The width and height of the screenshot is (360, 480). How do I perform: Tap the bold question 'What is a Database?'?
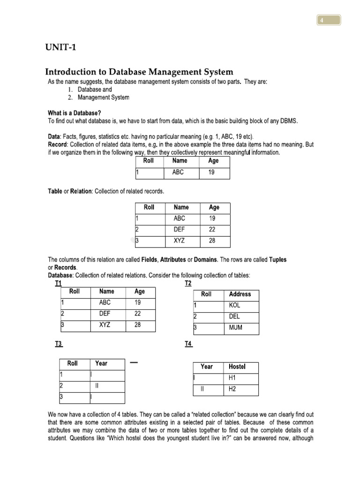(75, 113)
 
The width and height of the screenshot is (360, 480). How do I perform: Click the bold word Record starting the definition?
(58, 144)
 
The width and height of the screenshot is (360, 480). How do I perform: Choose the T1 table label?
(58, 284)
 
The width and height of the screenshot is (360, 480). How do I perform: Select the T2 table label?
(188, 284)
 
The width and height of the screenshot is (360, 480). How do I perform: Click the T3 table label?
(59, 344)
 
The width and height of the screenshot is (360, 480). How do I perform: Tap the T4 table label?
(188, 344)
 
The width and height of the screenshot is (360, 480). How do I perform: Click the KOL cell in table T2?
(235, 305)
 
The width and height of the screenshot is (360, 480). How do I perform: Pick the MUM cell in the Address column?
(236, 328)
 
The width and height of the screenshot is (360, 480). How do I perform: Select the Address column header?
(240, 294)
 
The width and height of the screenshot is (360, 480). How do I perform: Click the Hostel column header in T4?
(237, 367)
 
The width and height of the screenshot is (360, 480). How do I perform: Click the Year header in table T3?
(101, 363)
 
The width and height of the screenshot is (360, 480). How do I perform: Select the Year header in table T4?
(207, 367)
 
